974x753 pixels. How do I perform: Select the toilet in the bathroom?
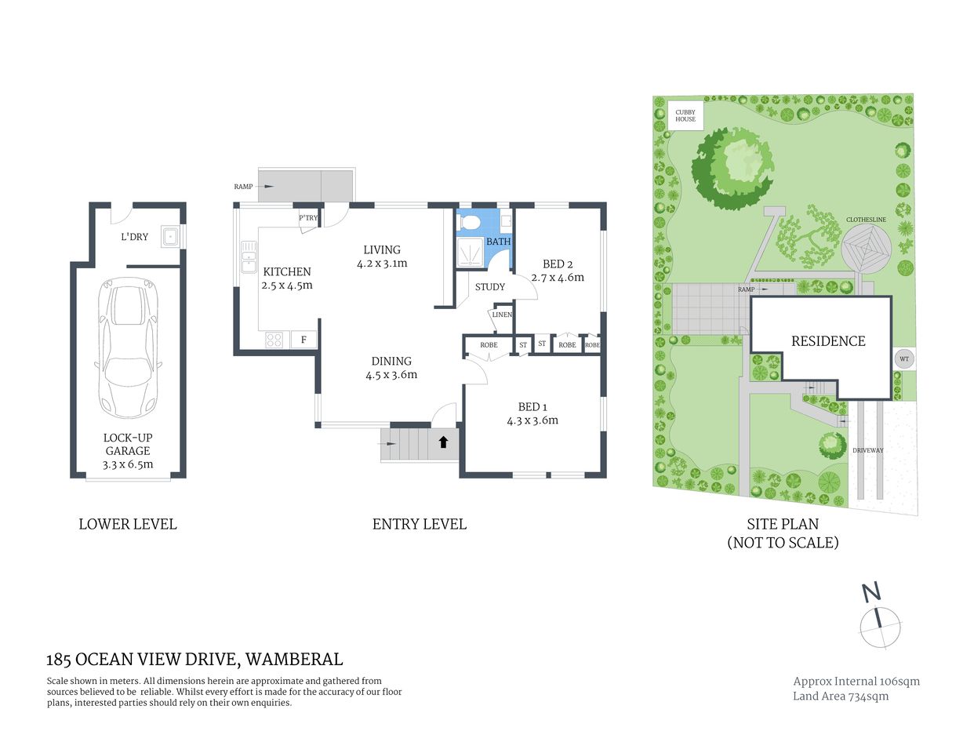pos(471,223)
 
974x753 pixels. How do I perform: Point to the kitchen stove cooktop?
pos(274,340)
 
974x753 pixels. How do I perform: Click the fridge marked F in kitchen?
pos(303,340)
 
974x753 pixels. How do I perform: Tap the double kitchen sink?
pos(249,257)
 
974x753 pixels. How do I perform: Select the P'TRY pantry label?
pos(308,218)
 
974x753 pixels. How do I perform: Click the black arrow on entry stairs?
pos(443,442)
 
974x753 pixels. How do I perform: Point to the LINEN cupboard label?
pos(502,315)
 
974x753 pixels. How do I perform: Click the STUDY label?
pos(490,287)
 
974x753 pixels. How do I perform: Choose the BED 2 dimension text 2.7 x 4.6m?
pos(558,277)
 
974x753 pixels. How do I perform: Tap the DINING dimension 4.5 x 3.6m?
pos(391,375)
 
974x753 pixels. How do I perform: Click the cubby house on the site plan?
pos(685,115)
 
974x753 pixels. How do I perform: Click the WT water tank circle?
pos(903,359)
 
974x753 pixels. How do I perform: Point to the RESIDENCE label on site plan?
pos(828,341)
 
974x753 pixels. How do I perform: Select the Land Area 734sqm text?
pos(841,696)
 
